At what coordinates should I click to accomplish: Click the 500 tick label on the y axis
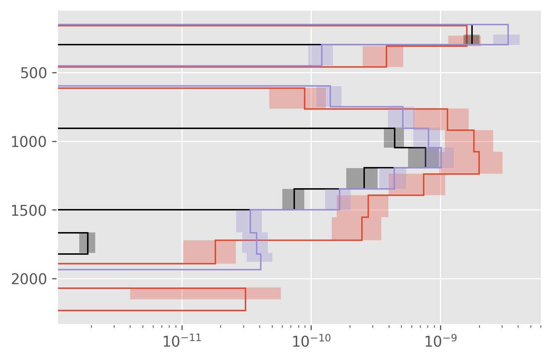tap(33, 73)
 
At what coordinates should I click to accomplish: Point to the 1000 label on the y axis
tap(29, 142)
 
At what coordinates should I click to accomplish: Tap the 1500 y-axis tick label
tap(29, 210)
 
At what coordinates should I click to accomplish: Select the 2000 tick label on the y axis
tap(29, 279)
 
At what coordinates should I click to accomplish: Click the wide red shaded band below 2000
tap(205, 293)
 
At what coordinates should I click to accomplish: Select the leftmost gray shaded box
tap(87, 243)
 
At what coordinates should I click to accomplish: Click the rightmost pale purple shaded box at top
tap(506, 39)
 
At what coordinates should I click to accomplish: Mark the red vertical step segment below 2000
tap(245, 299)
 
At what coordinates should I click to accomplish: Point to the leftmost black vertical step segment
tap(88, 243)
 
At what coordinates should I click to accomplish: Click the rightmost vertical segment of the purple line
tap(508, 35)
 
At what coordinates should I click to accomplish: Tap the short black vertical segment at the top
tap(472, 35)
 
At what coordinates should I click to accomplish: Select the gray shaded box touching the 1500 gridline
tap(293, 199)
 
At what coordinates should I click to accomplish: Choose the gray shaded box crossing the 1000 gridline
tap(394, 138)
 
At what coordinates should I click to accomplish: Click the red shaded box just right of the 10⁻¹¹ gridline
tap(209, 252)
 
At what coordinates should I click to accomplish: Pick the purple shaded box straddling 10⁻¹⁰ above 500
tap(321, 55)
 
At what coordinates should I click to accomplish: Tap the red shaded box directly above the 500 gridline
tap(383, 57)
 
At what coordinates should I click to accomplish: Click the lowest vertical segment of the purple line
tap(261, 261)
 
